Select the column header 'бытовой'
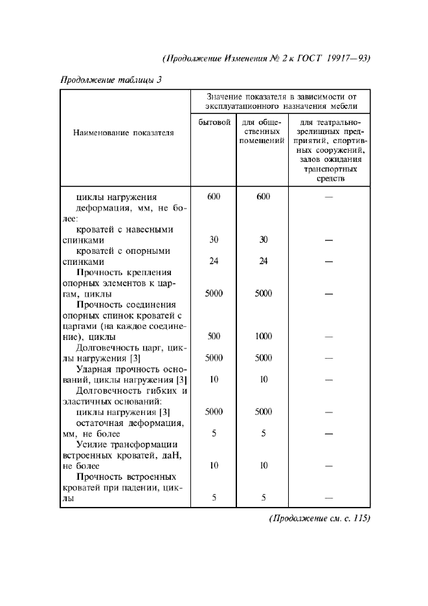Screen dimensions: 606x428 214,122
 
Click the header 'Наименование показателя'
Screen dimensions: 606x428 124,133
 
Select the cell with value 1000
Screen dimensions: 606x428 263,336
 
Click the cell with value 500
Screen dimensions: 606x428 214,336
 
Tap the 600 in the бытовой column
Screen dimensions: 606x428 214,197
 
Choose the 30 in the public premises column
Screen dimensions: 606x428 263,240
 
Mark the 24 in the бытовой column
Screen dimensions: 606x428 214,262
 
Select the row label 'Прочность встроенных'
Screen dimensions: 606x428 127,477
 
